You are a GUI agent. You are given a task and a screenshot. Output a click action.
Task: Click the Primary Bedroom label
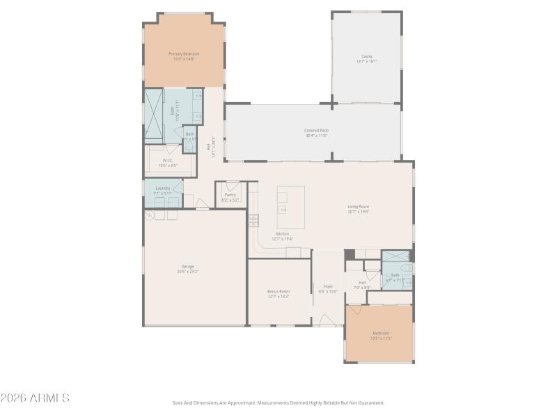[x=184, y=54]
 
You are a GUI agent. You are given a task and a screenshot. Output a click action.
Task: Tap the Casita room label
[x=366, y=56]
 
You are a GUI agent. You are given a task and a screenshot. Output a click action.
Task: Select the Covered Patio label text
[x=316, y=130]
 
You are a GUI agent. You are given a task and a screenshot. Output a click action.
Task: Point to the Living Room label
[x=359, y=206]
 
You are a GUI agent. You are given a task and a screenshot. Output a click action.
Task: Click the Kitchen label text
[x=282, y=234]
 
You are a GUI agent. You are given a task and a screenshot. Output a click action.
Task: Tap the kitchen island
[x=291, y=207]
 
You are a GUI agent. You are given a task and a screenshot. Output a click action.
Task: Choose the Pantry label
[x=230, y=195]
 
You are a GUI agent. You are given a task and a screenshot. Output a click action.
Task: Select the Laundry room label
[x=163, y=188]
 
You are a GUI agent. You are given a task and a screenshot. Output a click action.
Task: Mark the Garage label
[x=188, y=265]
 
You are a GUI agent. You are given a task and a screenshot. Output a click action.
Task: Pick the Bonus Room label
[x=278, y=291]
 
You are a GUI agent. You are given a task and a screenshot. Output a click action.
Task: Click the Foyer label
[x=328, y=286]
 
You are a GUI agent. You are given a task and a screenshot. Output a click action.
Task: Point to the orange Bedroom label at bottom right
[x=381, y=332]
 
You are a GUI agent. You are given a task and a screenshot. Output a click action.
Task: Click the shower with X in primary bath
[x=153, y=115]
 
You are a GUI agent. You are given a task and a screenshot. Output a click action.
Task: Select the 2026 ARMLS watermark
[x=35, y=398]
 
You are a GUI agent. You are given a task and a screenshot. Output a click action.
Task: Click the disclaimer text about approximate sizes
[x=278, y=402]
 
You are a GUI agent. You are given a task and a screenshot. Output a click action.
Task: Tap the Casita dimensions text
[x=366, y=61]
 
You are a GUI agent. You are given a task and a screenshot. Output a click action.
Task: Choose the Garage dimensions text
[x=188, y=271]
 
